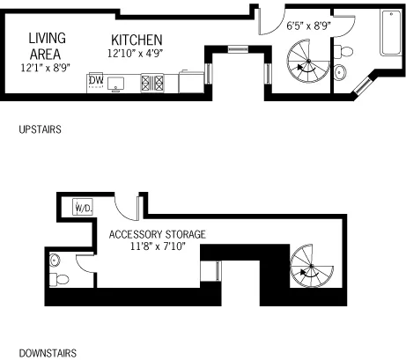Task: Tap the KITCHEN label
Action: [136, 40]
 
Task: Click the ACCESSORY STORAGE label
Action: [157, 234]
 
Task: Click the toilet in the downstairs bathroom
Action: [60, 280]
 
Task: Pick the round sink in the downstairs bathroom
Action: [55, 260]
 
